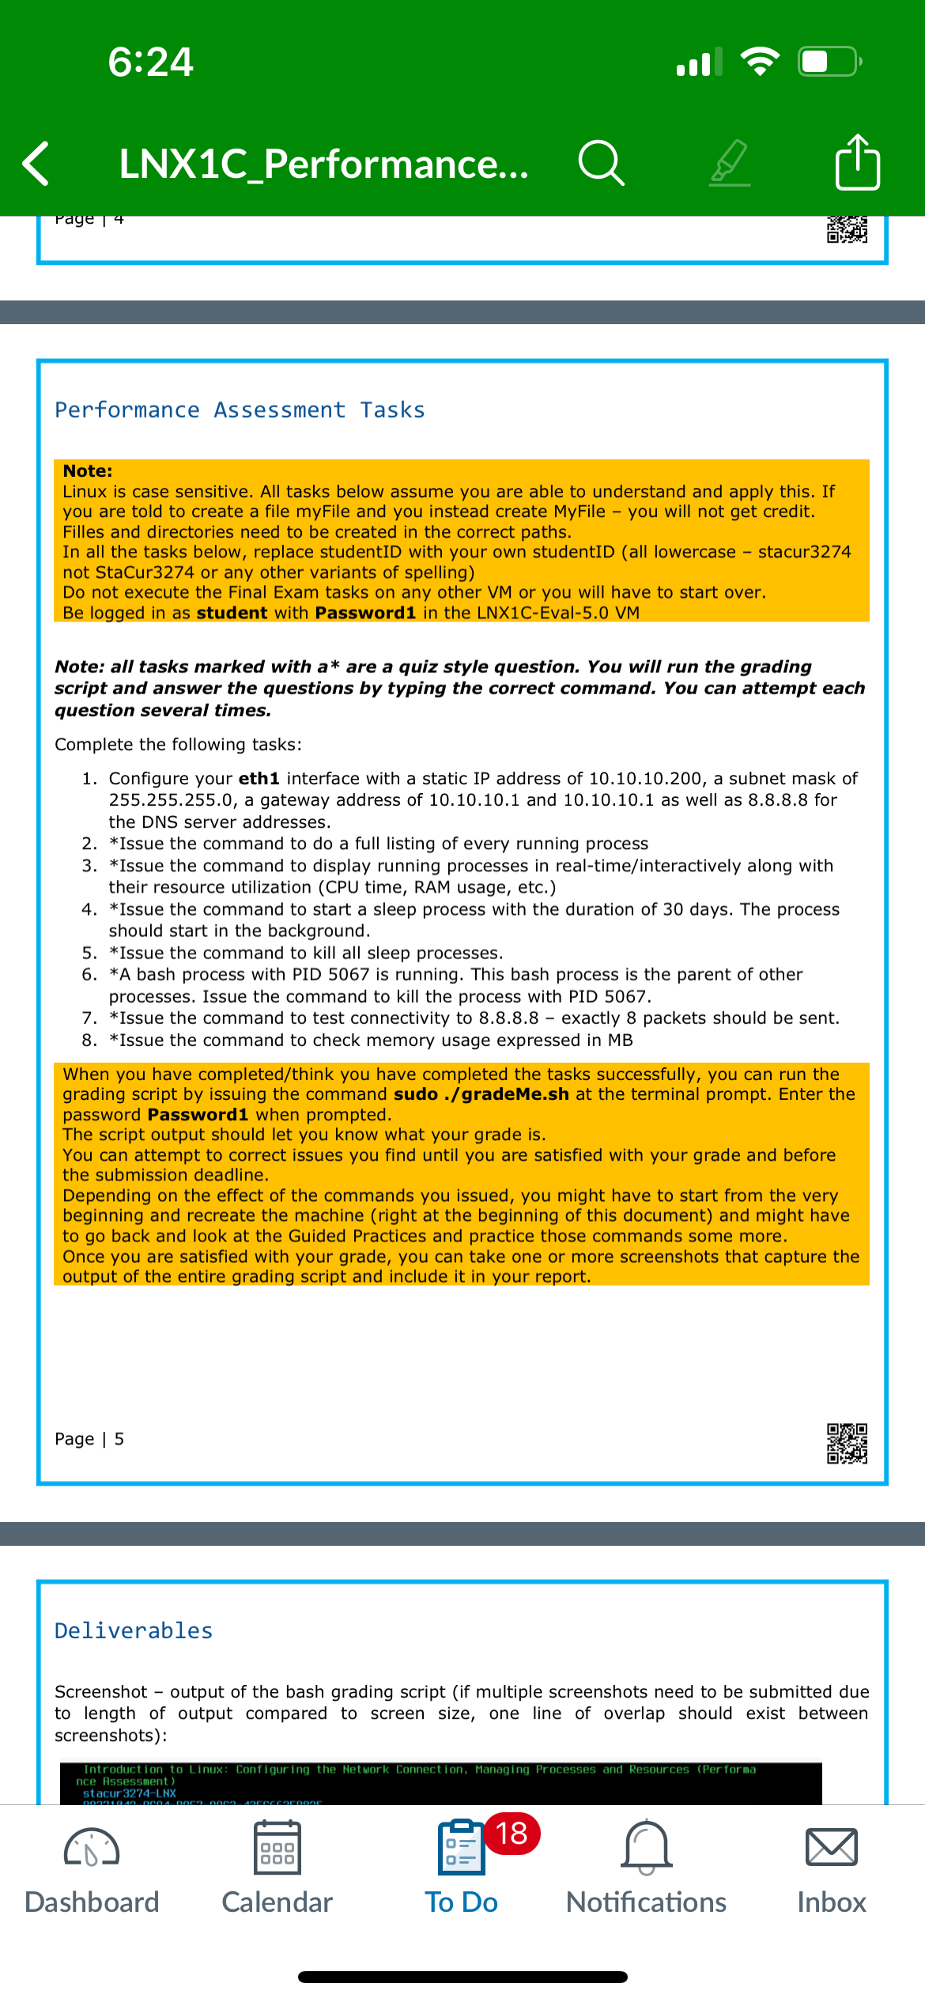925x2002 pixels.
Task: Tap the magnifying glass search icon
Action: click(602, 163)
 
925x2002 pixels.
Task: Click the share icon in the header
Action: click(858, 163)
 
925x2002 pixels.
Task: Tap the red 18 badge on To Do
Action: click(512, 1834)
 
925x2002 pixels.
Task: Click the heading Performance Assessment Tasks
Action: click(240, 410)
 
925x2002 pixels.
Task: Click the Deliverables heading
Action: click(134, 1630)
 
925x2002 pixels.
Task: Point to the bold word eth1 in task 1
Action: click(259, 779)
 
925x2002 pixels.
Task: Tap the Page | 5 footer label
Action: click(89, 1439)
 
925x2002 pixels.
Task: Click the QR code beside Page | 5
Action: click(847, 1444)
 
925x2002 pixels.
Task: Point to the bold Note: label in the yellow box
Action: click(88, 471)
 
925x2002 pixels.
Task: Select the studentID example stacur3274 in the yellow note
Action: click(804, 552)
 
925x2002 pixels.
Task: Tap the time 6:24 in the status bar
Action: click(150, 62)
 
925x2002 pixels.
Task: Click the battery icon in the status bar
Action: click(829, 62)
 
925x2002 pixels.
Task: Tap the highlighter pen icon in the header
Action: click(729, 163)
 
